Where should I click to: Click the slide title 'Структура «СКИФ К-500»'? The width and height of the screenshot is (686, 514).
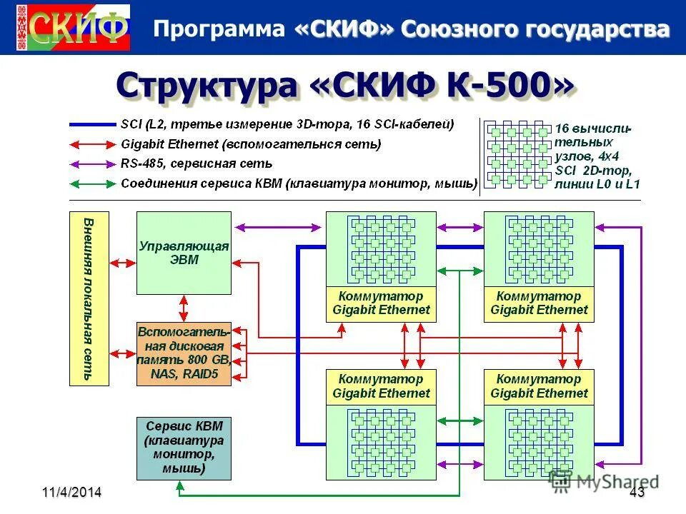point(344,86)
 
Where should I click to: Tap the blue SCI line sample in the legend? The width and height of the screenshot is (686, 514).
point(92,124)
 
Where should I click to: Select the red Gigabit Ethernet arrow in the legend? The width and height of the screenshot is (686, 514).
point(92,143)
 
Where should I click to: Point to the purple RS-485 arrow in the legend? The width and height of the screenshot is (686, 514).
point(92,163)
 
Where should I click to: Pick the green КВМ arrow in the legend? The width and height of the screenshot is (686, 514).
point(92,183)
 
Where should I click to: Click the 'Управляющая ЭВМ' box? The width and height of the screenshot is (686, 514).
point(184,253)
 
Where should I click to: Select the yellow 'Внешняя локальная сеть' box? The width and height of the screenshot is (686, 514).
point(89,298)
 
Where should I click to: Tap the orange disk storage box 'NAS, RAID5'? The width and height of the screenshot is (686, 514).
point(184,354)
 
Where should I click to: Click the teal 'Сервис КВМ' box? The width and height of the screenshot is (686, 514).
point(184,448)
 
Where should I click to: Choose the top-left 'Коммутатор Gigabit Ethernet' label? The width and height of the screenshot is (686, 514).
point(381,303)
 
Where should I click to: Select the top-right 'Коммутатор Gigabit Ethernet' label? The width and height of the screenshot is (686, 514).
point(539,303)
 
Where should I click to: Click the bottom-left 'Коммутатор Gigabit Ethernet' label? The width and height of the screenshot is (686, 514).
point(381,386)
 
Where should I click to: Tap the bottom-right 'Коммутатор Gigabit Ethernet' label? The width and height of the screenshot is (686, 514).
point(539,386)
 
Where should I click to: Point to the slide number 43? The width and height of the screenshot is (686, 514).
point(637,492)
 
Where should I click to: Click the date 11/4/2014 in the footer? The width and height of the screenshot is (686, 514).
point(71,492)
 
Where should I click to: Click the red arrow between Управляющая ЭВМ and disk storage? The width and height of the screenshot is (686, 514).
point(184,308)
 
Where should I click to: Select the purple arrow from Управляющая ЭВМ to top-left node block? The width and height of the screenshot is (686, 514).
point(278,227)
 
